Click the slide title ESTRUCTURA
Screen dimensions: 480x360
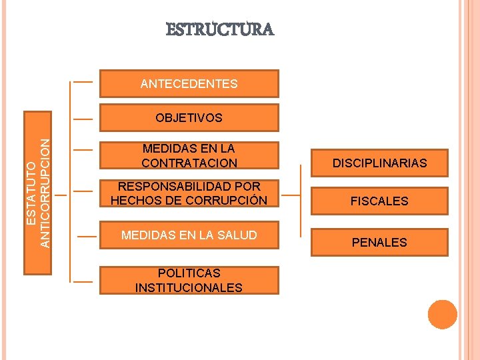coord(219,30)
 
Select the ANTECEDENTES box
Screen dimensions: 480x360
coord(189,84)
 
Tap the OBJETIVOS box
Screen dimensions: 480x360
coord(189,118)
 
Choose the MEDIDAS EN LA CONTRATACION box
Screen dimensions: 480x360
coord(189,156)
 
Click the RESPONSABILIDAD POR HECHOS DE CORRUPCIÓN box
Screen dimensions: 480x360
coord(189,193)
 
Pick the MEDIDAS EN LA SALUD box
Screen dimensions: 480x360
coord(189,235)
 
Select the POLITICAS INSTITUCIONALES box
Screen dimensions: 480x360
coord(189,280)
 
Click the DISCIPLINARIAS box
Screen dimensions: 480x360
coord(379,163)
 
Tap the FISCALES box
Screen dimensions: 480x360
coord(379,201)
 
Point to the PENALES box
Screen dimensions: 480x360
coord(379,242)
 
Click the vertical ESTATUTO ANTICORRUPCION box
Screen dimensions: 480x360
coord(39,193)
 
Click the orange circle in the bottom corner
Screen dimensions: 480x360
coord(442,315)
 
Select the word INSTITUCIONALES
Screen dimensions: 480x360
coord(189,288)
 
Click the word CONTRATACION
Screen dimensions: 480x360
coord(189,163)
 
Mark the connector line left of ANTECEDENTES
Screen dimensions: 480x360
coord(83,83)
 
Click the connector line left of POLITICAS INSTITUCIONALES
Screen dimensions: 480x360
coord(83,281)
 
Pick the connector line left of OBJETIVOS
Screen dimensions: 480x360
coord(83,120)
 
